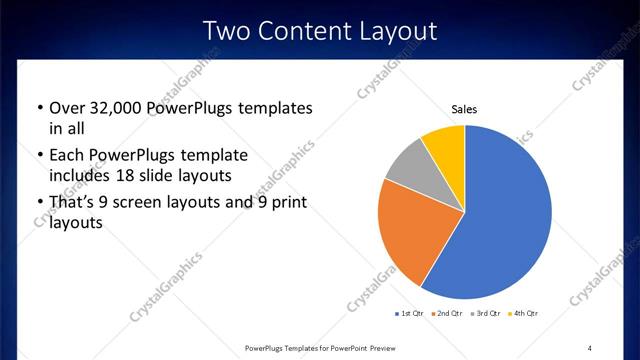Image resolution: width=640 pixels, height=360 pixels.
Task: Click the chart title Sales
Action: click(464, 111)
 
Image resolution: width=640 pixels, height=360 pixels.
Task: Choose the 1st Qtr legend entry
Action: click(411, 314)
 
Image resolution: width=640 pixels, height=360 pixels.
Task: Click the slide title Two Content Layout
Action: click(320, 31)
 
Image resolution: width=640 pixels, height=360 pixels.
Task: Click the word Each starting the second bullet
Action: click(67, 155)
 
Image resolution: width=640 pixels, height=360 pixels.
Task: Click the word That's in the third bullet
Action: click(73, 203)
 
